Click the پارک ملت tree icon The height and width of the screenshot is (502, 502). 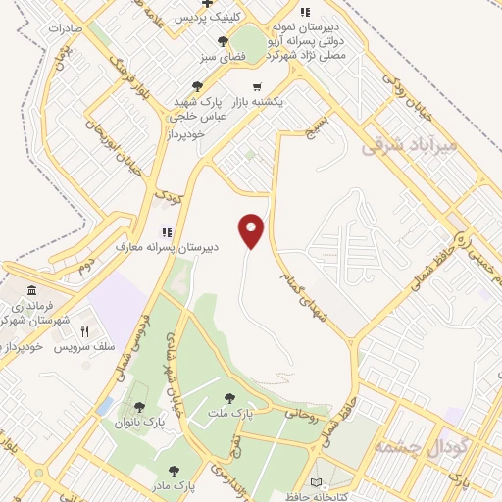[229, 398]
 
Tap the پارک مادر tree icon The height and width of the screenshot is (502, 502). [175, 471]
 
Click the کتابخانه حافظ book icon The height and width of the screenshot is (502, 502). [316, 482]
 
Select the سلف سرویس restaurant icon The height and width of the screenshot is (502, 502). [84, 332]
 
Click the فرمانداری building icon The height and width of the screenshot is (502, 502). [32, 292]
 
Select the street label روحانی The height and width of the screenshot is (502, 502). [301, 415]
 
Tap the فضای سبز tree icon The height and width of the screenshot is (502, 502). [224, 42]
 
